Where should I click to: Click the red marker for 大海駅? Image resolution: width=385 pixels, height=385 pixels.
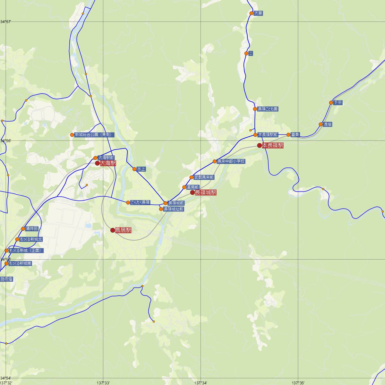pyautogui.click(x=98, y=163)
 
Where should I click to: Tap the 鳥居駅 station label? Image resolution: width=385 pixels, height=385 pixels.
pyautogui.click(x=123, y=230)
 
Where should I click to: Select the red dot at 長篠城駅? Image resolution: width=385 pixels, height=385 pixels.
pyautogui.click(x=193, y=193)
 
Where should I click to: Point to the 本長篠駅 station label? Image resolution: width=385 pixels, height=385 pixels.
pyautogui.click(x=273, y=146)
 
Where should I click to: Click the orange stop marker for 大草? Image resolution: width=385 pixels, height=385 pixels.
pyautogui.click(x=252, y=13)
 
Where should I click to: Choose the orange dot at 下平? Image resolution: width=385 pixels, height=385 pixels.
pyautogui.click(x=331, y=103)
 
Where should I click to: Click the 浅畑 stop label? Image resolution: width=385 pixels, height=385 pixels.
pyautogui.click(x=328, y=124)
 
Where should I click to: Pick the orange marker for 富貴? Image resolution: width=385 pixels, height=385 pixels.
pyautogui.click(x=288, y=135)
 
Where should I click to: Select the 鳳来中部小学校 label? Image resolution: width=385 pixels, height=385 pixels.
pyautogui.click(x=231, y=161)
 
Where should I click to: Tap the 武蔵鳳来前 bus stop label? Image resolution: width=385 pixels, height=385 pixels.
pyautogui.click(x=204, y=177)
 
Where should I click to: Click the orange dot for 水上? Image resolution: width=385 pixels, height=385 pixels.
pyautogui.click(x=134, y=169)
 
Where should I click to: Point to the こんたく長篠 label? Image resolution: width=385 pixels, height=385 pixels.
pyautogui.click(x=140, y=202)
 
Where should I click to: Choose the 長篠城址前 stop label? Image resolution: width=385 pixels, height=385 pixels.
pyautogui.click(x=174, y=209)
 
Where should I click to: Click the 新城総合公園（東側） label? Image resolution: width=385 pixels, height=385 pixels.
pyautogui.click(x=93, y=135)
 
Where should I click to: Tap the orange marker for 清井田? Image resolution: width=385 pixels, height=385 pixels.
pyautogui.click(x=23, y=229)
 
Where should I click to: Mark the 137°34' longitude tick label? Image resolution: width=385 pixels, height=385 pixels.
pyautogui.click(x=201, y=382)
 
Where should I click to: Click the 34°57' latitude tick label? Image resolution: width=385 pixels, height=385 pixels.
pyautogui.click(x=6, y=21)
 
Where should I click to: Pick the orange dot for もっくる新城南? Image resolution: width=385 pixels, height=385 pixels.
pyautogui.click(x=6, y=263)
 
